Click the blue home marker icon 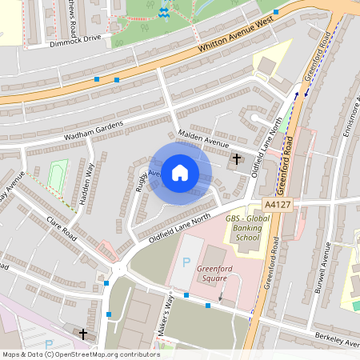(180, 173)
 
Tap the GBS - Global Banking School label (244, 227)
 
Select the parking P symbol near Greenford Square (187, 262)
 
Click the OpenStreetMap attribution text (80, 354)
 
